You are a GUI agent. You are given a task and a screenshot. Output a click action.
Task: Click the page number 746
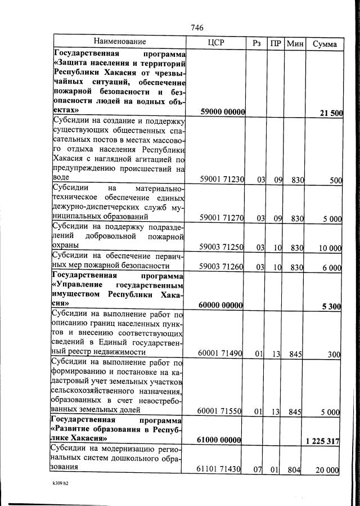(x=196, y=28)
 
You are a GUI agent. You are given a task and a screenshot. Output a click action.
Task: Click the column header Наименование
(x=119, y=42)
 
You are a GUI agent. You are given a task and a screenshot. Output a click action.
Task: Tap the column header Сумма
(x=325, y=43)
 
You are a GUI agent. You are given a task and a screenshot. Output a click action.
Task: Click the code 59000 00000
(x=222, y=112)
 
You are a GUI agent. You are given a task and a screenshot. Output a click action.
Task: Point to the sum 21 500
(x=331, y=113)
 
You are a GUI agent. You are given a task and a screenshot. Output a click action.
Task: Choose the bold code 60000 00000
(x=220, y=306)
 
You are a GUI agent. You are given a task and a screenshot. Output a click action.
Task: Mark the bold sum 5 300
(x=331, y=306)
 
